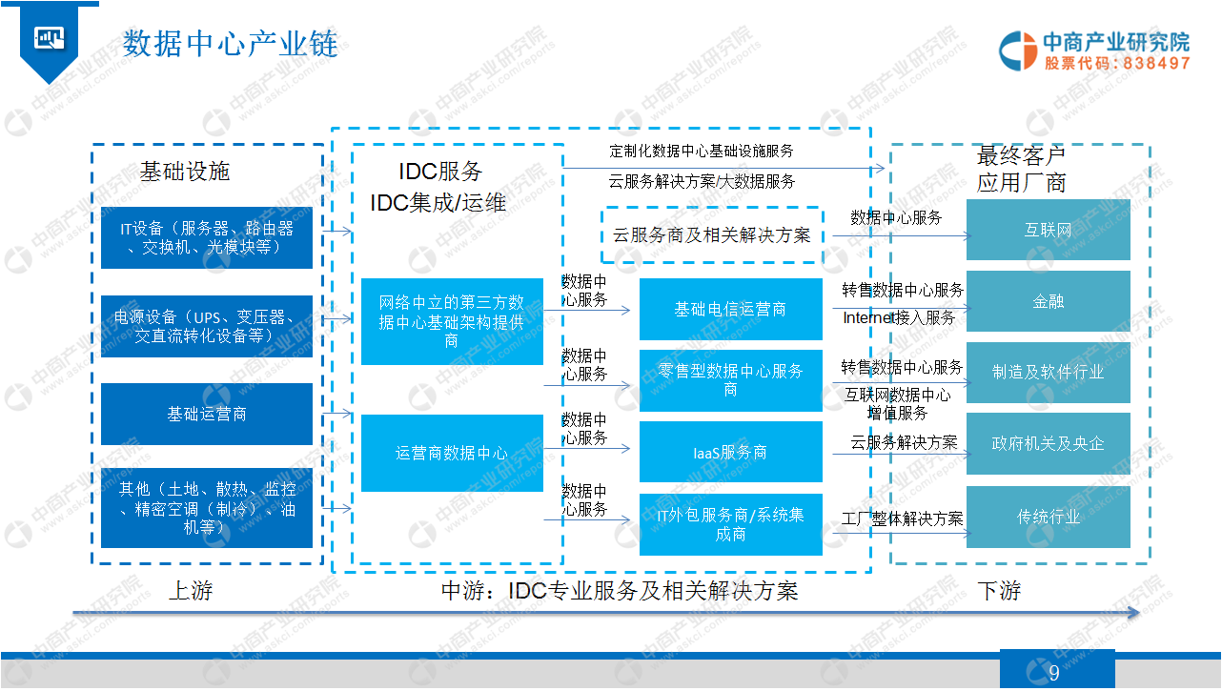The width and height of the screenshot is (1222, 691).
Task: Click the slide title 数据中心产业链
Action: click(x=231, y=43)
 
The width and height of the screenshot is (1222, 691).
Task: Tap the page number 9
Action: click(x=1054, y=673)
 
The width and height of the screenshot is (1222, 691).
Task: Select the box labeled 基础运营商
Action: click(x=207, y=414)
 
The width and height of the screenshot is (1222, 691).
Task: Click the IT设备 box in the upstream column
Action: click(x=207, y=237)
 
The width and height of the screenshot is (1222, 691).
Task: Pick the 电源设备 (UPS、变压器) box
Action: click(x=207, y=326)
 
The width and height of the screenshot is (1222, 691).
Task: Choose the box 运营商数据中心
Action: click(x=452, y=454)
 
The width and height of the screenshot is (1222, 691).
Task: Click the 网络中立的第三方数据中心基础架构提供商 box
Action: click(x=452, y=322)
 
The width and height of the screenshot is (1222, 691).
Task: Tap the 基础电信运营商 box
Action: click(x=730, y=309)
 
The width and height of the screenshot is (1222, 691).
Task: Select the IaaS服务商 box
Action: click(x=730, y=452)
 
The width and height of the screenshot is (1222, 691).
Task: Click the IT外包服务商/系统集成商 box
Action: click(x=730, y=524)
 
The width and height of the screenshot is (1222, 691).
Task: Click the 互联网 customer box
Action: click(x=1048, y=230)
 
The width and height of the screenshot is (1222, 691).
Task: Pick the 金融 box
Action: click(x=1048, y=301)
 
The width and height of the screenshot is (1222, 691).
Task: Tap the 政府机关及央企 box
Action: click(x=1048, y=443)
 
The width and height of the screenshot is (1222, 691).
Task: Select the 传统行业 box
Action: click(x=1048, y=517)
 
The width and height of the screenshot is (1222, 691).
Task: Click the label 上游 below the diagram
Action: click(x=191, y=591)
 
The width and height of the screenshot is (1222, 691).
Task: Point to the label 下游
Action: click(x=999, y=591)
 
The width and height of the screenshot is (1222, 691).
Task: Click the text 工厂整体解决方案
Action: click(x=903, y=518)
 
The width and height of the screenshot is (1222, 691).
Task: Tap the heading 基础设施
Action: click(x=185, y=172)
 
